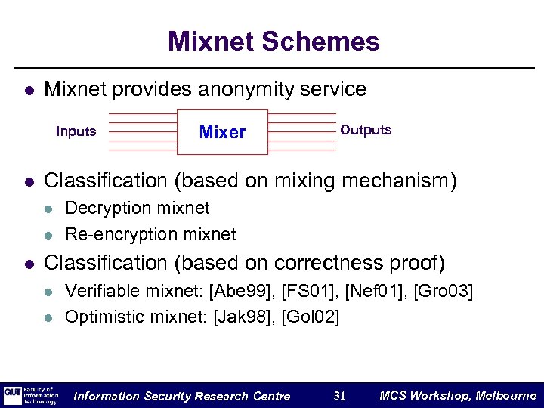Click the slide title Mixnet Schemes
pos(274,41)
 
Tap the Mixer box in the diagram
pos(222,132)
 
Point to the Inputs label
pos(76,131)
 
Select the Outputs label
pos(366,130)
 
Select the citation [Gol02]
pos(310,317)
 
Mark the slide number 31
pos(340,395)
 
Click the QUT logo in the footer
pos(13,395)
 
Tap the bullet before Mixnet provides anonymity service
pos(28,91)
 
